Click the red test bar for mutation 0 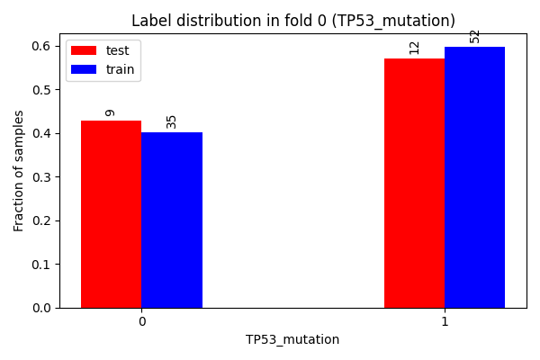pyautogui.click(x=112, y=214)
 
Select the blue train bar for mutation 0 pyautogui.click(x=172, y=220)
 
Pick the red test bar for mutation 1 pyautogui.click(x=414, y=183)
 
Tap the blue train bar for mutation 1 pyautogui.click(x=474, y=177)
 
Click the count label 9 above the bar pyautogui.click(x=110, y=113)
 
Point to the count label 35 pyautogui.click(x=171, y=122)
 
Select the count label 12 pyautogui.click(x=414, y=48)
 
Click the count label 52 pyautogui.click(x=474, y=37)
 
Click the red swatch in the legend pyautogui.click(x=84, y=50)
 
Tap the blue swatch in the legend pyautogui.click(x=84, y=69)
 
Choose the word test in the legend pyautogui.click(x=117, y=50)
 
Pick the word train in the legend pyautogui.click(x=121, y=69)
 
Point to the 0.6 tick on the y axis pyautogui.click(x=41, y=46)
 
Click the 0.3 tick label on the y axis pyautogui.click(x=41, y=176)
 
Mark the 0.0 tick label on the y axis pyautogui.click(x=41, y=308)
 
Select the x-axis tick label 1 pyautogui.click(x=445, y=321)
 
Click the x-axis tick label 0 pyautogui.click(x=142, y=321)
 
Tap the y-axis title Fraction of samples pyautogui.click(x=18, y=171)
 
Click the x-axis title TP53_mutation pyautogui.click(x=292, y=339)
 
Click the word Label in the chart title pyautogui.click(x=151, y=21)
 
